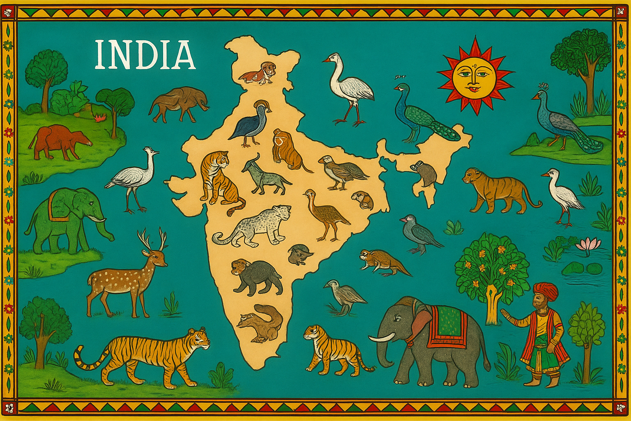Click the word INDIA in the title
coord(145,55)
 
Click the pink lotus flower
coord(588,245)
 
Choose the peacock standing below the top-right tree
coord(563,121)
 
